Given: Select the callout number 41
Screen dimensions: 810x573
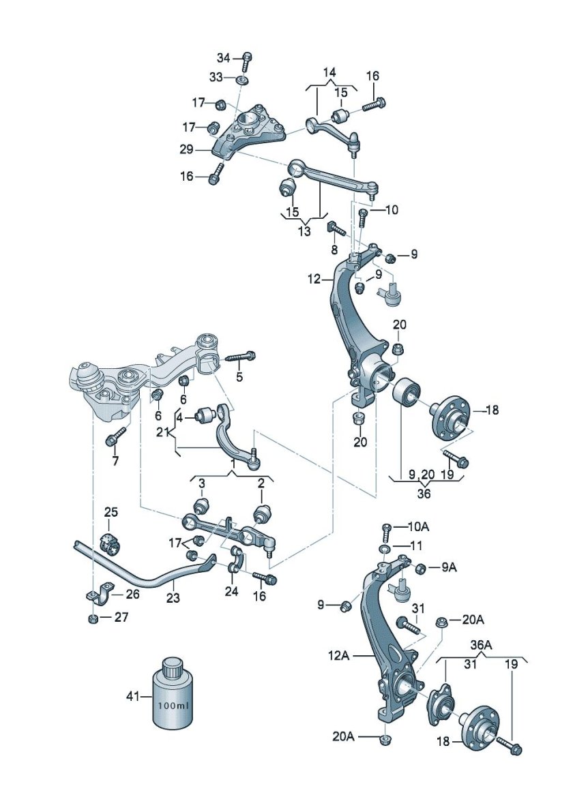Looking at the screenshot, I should (x=133, y=696).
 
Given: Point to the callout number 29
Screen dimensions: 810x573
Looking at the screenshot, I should (x=186, y=149).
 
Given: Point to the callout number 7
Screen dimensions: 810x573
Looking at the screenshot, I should (x=115, y=461).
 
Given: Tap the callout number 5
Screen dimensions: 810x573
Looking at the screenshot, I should (x=239, y=376).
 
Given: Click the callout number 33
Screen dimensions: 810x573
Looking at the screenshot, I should (x=216, y=78).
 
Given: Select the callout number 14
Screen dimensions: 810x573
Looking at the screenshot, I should (x=329, y=72).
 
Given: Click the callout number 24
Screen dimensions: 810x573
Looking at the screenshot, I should (x=232, y=592).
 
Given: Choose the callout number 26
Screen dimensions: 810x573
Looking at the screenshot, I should (x=132, y=594).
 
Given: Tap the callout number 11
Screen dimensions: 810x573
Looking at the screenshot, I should (x=416, y=545).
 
